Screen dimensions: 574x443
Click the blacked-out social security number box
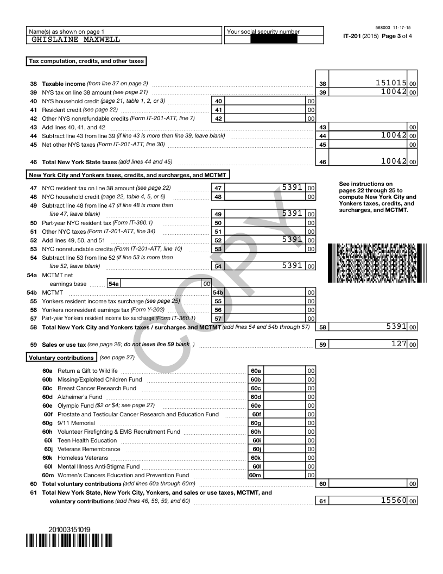(274, 40)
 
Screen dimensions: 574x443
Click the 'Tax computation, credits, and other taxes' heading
(86, 61)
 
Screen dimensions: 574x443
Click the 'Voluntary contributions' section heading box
(62, 358)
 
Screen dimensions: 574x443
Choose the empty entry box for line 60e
(285, 405)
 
